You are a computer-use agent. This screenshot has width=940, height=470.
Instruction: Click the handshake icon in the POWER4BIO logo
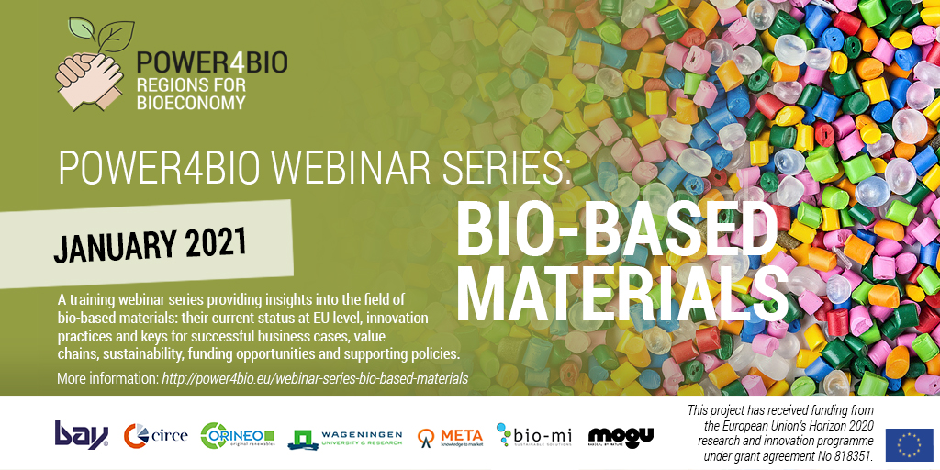click(x=90, y=77)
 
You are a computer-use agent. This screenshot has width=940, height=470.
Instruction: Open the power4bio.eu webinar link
click(x=315, y=378)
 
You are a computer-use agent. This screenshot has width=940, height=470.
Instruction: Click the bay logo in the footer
click(x=81, y=433)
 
